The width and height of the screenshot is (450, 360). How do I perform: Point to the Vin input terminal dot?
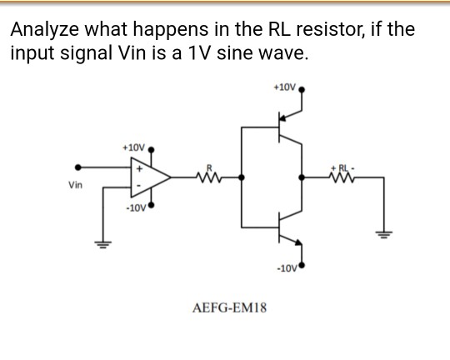[78, 167]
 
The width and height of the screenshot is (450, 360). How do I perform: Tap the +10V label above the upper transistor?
[284, 86]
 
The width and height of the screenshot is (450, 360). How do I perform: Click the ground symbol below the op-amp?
[105, 246]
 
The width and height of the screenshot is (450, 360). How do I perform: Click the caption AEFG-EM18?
[229, 307]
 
